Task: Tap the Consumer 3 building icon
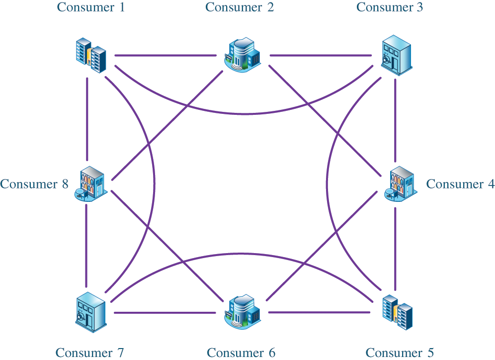click(396, 55)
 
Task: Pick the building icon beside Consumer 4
click(401, 183)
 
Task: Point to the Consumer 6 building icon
click(244, 312)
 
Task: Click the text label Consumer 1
click(90, 7)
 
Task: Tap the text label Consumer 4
click(460, 184)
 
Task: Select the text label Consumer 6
click(241, 353)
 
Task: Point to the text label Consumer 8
click(34, 184)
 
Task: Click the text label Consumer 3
click(390, 7)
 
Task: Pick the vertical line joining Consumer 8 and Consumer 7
click(86, 244)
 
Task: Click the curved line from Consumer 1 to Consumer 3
click(244, 114)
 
